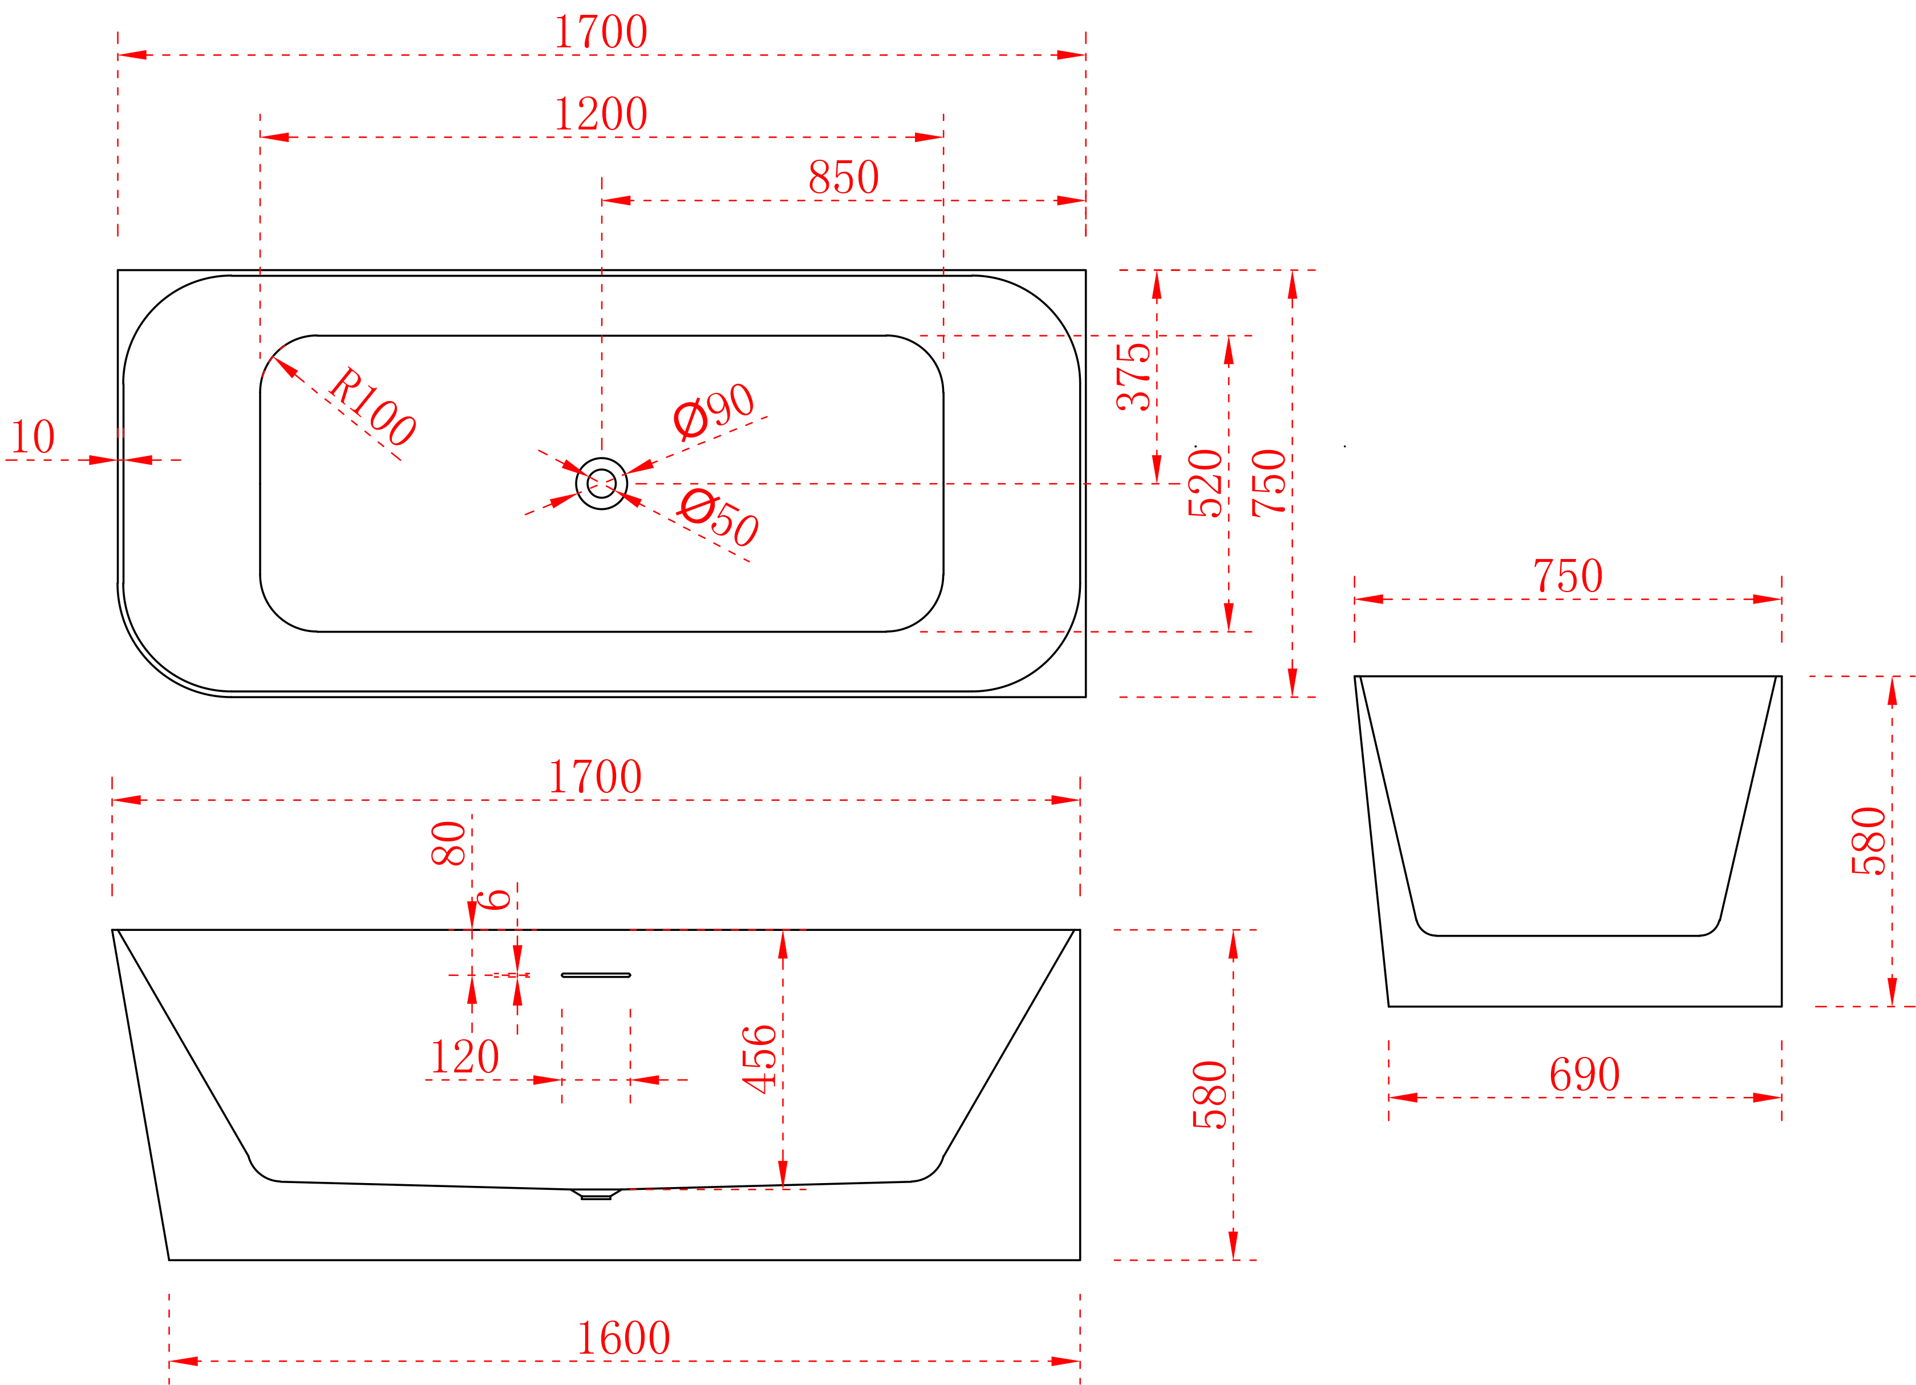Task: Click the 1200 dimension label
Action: click(x=601, y=114)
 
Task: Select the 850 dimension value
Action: click(x=844, y=177)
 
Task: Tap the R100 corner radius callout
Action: click(x=372, y=407)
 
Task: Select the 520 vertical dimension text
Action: click(x=1205, y=483)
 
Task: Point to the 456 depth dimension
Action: click(x=759, y=1060)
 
